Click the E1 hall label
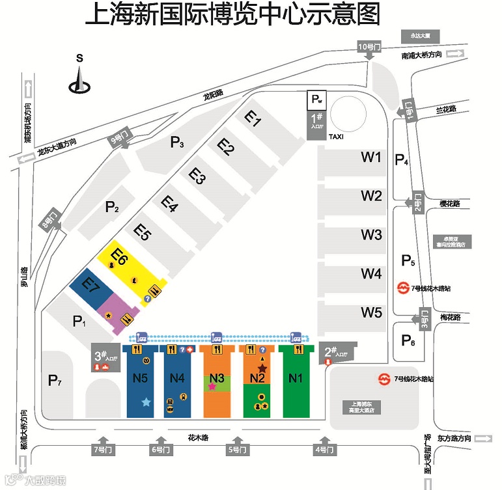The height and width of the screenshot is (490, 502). (253, 118)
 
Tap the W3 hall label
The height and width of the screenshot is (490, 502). (371, 234)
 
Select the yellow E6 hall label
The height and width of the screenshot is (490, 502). (119, 256)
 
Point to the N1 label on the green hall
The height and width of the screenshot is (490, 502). (296, 378)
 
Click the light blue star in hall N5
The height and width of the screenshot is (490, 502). (146, 403)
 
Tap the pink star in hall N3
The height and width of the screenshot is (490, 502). (212, 386)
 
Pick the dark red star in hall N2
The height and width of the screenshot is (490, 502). (262, 368)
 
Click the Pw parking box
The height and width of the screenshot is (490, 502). (316, 100)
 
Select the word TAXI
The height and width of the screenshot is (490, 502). (335, 137)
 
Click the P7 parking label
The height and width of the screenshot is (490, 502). (55, 381)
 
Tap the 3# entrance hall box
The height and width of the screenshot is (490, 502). (104, 358)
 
